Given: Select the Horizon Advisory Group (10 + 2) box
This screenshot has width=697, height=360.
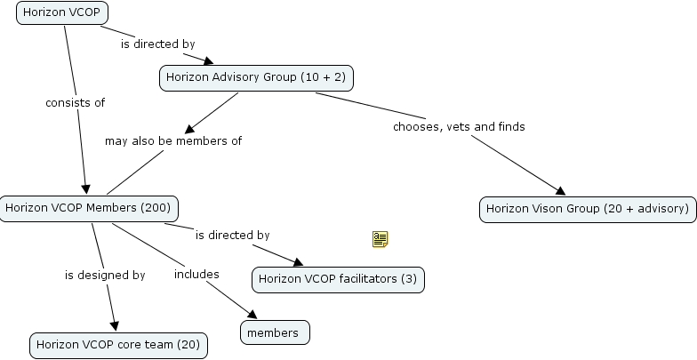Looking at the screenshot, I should click(x=257, y=78).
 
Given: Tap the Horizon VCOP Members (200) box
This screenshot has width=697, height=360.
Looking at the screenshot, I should click(x=89, y=209).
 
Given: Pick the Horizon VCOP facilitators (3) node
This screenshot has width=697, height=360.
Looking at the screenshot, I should click(x=337, y=280).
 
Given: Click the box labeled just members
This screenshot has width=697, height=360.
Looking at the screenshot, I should click(x=275, y=332).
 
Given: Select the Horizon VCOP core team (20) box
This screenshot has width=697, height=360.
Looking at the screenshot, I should click(x=118, y=345).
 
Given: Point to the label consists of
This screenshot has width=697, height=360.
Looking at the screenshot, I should click(x=76, y=103).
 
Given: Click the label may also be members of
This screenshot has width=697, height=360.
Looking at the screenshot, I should click(x=173, y=141).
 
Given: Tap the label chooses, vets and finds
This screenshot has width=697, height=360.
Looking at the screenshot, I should click(x=459, y=127).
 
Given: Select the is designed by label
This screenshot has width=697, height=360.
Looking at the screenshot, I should click(x=105, y=276).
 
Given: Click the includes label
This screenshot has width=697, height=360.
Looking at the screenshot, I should click(x=196, y=275).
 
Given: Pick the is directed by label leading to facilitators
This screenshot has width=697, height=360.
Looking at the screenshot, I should click(x=232, y=236).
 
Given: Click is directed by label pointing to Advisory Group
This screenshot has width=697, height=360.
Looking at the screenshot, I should click(x=158, y=44).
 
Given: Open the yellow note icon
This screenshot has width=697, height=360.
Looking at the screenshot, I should click(x=381, y=238).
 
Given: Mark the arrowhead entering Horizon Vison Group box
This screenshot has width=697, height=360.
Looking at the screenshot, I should click(x=560, y=191).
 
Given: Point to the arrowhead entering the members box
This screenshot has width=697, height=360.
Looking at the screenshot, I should click(x=252, y=316).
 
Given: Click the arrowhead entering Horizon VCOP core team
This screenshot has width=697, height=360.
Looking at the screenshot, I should click(x=114, y=327).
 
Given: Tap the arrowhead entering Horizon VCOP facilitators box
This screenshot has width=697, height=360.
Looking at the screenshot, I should click(x=298, y=262).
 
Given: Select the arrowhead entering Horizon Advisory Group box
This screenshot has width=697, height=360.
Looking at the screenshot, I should click(x=210, y=62).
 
